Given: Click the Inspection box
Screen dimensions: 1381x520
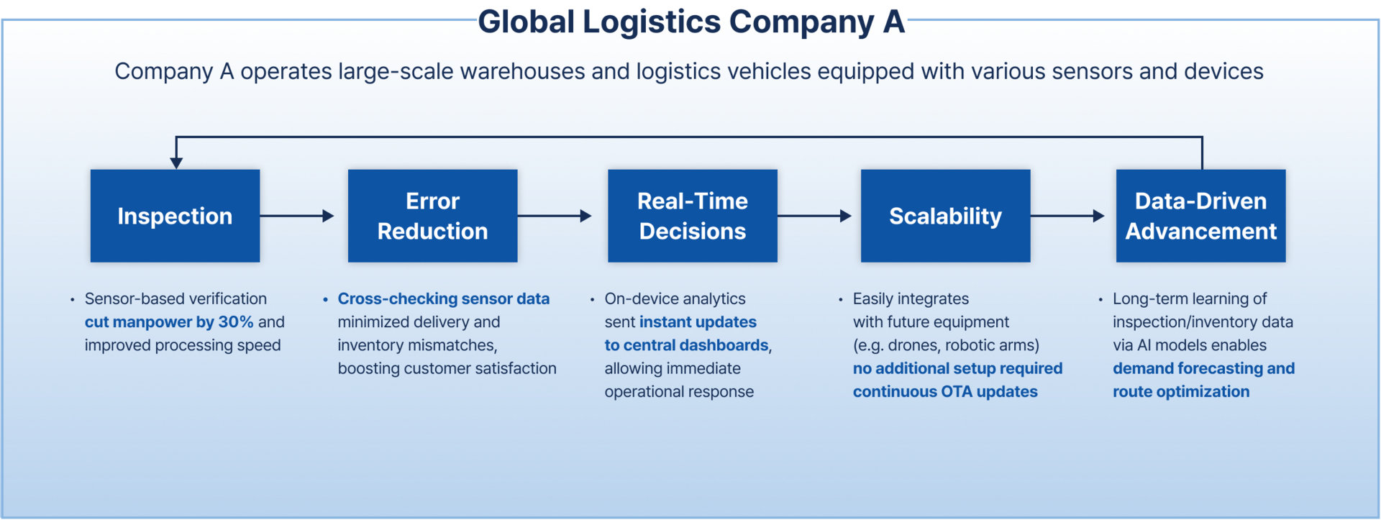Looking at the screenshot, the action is (175, 216).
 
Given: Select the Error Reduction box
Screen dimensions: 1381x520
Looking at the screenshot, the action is (432, 216).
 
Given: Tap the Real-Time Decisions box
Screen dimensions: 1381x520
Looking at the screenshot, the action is (692, 216).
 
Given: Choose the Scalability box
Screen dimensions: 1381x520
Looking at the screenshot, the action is (945, 216).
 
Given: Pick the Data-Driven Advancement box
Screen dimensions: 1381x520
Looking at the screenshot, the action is (1200, 216).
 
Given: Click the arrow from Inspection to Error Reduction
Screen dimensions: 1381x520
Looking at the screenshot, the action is (297, 216).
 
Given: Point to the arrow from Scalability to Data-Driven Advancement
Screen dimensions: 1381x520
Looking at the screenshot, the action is (1067, 216).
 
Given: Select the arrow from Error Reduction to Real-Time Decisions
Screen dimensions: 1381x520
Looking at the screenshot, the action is (555, 216).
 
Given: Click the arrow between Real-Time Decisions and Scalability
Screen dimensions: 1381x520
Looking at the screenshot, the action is (814, 216).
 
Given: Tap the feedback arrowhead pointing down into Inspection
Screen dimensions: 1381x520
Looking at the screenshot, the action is (176, 163).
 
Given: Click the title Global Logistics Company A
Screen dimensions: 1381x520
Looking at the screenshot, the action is (691, 22).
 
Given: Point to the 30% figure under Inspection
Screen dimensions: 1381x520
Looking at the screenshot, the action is (236, 322).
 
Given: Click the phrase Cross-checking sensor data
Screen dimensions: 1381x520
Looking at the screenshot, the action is (444, 298).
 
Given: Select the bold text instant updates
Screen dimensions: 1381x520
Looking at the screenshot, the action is (698, 322).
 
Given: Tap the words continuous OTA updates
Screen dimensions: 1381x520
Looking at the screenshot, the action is (945, 392).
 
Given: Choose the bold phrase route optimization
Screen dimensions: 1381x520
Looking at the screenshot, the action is (1181, 392).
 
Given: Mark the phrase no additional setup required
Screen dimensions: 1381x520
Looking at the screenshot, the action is (957, 368).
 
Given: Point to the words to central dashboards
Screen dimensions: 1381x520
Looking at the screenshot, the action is (686, 345).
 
